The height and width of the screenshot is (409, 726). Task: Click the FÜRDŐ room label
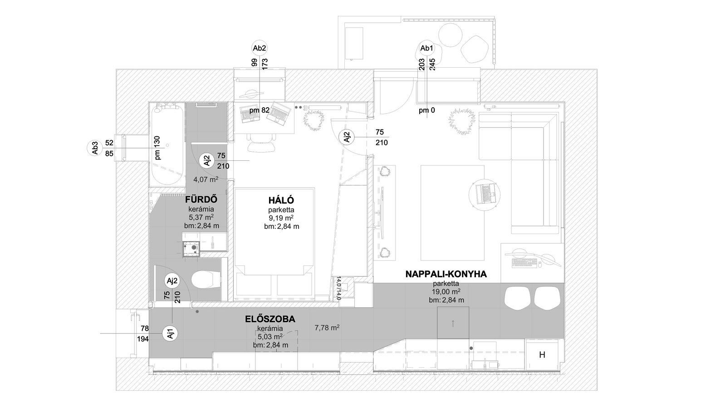point(201,200)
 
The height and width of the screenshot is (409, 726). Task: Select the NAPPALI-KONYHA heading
point(446,274)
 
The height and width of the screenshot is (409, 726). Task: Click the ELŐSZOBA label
point(270,319)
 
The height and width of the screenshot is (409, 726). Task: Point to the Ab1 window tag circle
point(427,48)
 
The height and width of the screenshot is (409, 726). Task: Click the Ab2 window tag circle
point(260,48)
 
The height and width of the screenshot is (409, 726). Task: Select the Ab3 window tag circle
point(95,148)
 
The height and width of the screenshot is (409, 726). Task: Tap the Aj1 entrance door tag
point(171,333)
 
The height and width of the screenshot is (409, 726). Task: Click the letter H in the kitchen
point(542,355)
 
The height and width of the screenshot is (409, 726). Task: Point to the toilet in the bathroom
point(206,280)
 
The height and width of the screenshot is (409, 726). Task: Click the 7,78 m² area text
point(327,328)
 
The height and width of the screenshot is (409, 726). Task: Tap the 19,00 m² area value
point(446,291)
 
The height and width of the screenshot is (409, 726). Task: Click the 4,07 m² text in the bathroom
point(206,179)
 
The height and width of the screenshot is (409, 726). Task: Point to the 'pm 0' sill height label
point(427,110)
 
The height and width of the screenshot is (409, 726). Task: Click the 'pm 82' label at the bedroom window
point(259,110)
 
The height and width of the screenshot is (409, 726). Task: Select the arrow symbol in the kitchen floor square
point(453,323)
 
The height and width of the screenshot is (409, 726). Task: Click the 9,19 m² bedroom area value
point(281,218)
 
